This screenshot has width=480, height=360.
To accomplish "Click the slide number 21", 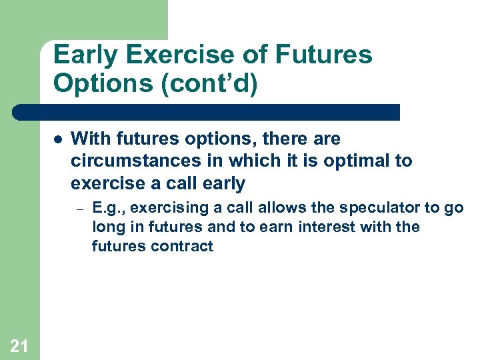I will tap(19, 345).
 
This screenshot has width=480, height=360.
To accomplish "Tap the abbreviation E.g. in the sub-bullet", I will tap(107, 207).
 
